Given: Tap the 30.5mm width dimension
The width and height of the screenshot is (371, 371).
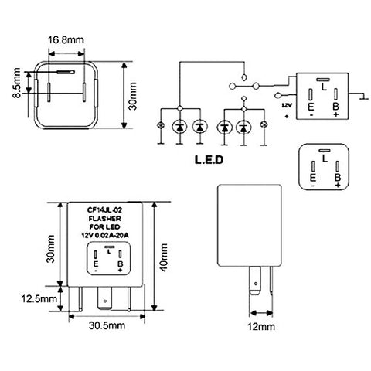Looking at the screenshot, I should (x=105, y=326).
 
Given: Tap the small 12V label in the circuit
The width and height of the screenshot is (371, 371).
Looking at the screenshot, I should (x=288, y=104).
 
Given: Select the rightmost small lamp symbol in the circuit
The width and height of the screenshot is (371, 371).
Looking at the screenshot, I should (x=265, y=125).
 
